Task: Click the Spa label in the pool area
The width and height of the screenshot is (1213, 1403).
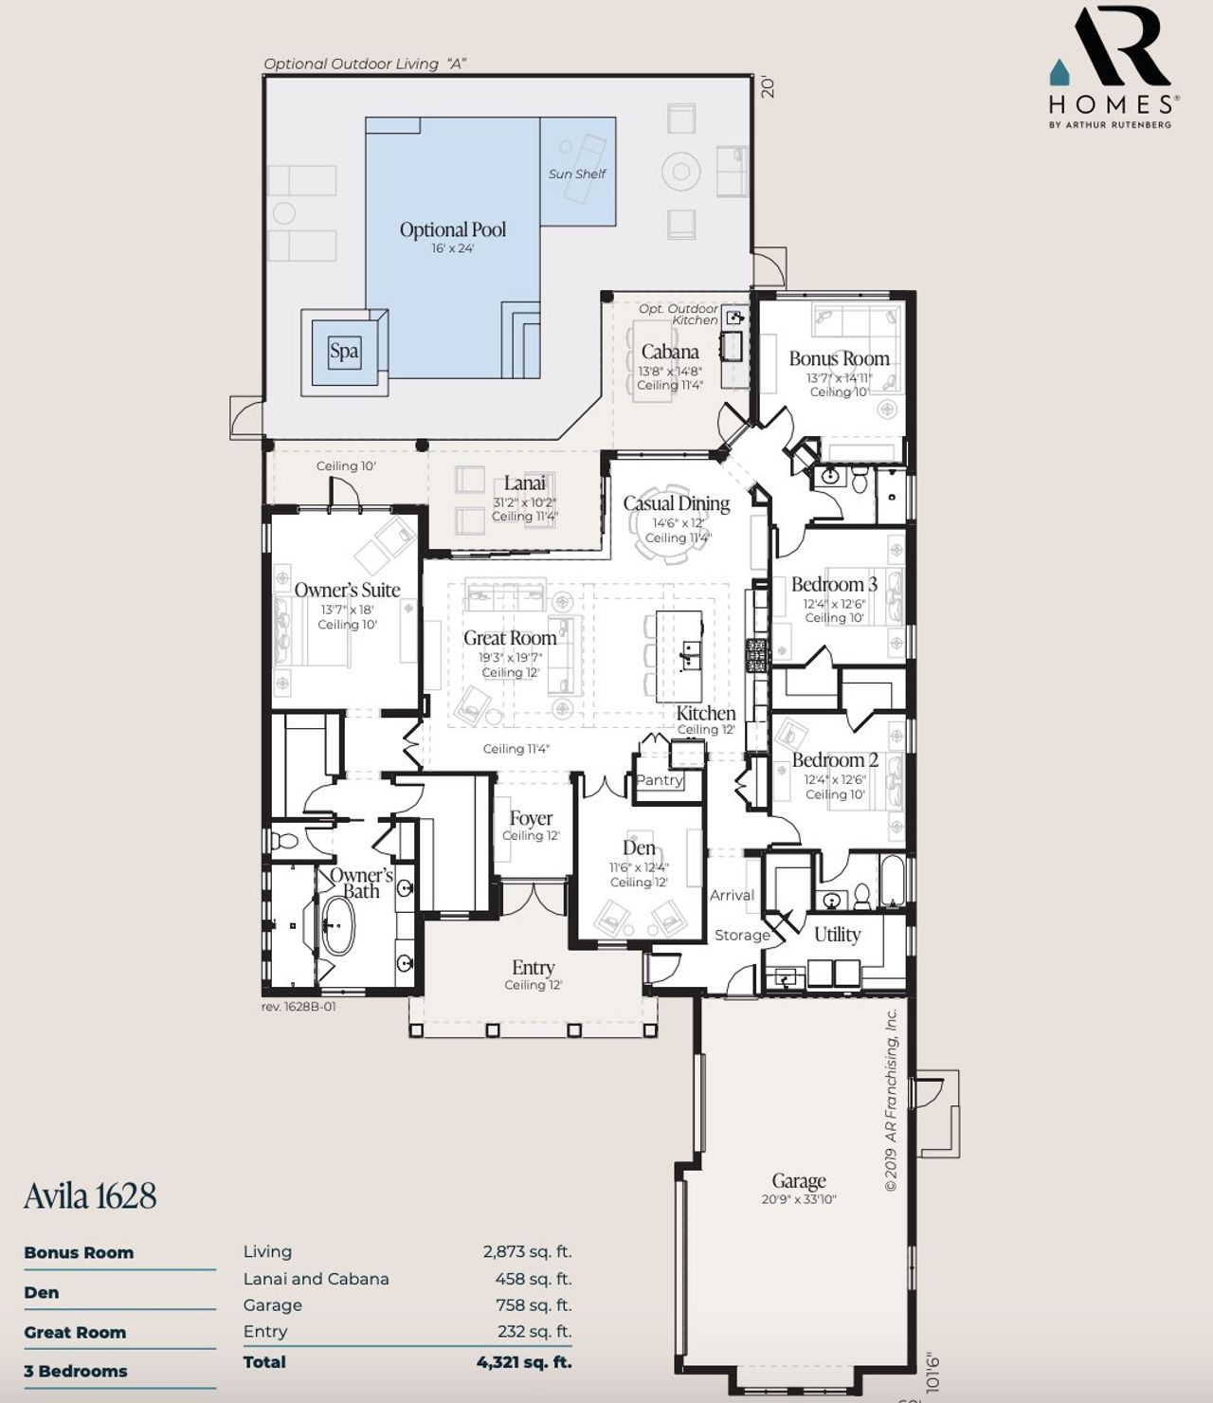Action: pos(344,352)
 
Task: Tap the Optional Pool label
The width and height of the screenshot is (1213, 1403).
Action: pos(452,229)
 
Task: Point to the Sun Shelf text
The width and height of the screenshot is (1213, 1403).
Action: pos(577,173)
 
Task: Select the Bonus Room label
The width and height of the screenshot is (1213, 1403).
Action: pos(839,358)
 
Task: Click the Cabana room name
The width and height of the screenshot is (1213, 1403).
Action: pos(670,352)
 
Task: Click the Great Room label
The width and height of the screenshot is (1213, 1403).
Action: pos(510,638)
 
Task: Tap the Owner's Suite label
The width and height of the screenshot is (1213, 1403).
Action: pos(347,590)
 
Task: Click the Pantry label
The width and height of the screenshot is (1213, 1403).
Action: pos(660,780)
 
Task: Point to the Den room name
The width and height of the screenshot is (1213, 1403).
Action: pos(639,847)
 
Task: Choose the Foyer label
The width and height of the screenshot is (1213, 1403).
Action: pos(531,818)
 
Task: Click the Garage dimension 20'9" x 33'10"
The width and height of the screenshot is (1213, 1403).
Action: pos(798,1199)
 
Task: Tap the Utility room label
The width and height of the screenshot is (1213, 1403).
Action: pos(838,935)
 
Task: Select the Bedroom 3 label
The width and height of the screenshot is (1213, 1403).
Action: pos(834,584)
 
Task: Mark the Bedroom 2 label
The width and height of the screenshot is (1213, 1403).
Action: pos(835,760)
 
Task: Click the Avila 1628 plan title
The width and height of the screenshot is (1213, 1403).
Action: pos(90,1195)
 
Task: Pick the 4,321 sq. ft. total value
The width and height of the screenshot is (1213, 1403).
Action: pos(524,1362)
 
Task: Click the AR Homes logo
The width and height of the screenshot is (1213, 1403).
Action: pos(1113,66)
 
